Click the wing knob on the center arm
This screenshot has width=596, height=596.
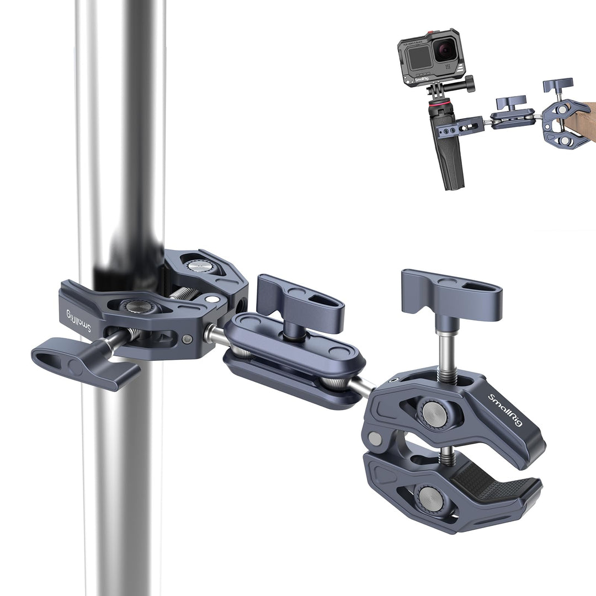(x=301, y=301)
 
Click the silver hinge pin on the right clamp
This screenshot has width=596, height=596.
(x=375, y=439)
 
